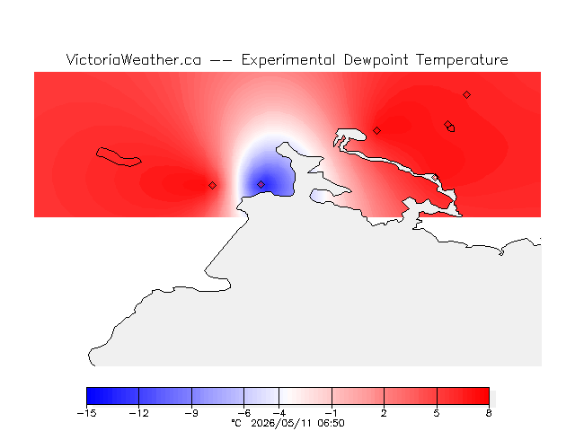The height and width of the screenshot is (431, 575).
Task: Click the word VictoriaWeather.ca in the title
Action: [134, 60]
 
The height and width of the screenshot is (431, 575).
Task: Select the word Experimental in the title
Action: [288, 60]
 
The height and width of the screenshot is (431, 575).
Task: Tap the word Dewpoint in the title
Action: [376, 60]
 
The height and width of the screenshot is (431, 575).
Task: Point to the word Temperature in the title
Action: [462, 60]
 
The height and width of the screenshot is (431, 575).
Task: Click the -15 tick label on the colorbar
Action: [86, 413]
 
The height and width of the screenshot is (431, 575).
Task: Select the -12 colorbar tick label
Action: [139, 413]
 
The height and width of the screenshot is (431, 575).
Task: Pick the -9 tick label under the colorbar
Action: [191, 413]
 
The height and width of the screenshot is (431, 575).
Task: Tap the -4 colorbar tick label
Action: [279, 413]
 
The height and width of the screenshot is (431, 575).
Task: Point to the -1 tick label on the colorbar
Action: [332, 413]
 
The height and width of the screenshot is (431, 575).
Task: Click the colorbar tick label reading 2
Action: [384, 413]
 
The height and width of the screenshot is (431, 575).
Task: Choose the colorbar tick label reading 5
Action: [437, 413]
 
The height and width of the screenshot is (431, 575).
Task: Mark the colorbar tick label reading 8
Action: [489, 413]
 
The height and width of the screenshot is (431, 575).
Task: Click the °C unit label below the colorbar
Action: [236, 423]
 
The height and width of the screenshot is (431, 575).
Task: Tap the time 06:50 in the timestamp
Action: [332, 423]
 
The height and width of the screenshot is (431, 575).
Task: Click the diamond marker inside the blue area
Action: [261, 184]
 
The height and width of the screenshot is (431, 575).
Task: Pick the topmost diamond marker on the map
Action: [466, 95]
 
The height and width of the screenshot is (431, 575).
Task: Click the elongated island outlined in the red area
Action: [118, 157]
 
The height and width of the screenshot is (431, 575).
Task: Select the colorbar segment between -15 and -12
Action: [112, 396]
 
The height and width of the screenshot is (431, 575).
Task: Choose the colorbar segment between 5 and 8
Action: [463, 396]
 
